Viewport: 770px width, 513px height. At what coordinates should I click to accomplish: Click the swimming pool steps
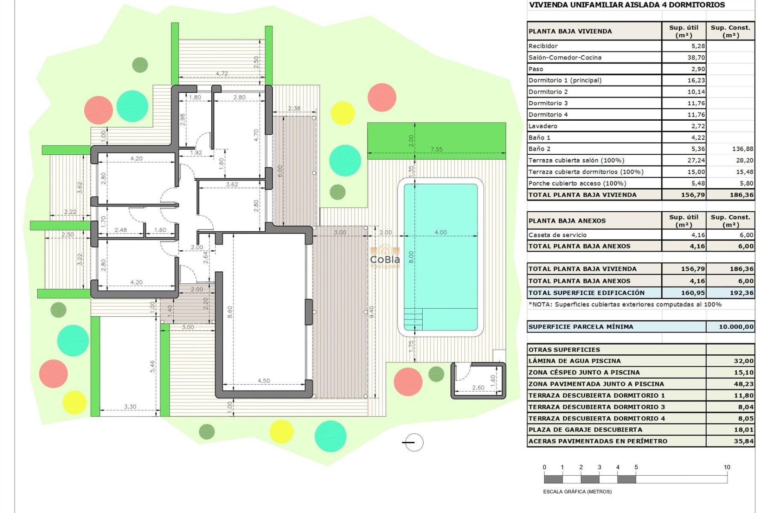(413, 319)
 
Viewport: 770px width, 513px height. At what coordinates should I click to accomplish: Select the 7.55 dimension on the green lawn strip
(436, 149)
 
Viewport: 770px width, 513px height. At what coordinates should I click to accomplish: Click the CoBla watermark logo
(385, 256)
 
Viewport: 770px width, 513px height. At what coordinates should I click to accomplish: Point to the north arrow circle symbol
(413, 442)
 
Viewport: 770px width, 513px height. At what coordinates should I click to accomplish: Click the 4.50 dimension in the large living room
(263, 381)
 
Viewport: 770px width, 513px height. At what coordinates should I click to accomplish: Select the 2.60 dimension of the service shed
(478, 388)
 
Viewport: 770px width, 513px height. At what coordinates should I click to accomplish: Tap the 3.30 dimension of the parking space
(130, 406)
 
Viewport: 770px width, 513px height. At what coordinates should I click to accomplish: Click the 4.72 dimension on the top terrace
(222, 74)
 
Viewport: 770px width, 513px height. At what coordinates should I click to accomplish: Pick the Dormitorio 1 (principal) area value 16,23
(696, 80)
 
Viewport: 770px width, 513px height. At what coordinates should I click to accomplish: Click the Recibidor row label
(543, 46)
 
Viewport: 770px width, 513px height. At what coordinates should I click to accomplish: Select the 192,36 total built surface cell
(742, 293)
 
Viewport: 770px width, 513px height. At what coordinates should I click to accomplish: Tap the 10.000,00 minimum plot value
(736, 327)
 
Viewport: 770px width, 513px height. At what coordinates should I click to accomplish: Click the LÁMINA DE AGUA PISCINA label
(574, 361)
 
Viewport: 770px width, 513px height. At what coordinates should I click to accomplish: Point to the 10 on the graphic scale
(727, 467)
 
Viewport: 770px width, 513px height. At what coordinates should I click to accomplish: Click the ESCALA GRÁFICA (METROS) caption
(577, 491)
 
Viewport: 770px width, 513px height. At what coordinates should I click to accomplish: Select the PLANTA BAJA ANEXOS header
(567, 221)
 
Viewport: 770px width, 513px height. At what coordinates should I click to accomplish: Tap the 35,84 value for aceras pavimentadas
(744, 441)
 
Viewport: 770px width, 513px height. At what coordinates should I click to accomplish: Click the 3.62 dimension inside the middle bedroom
(232, 185)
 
